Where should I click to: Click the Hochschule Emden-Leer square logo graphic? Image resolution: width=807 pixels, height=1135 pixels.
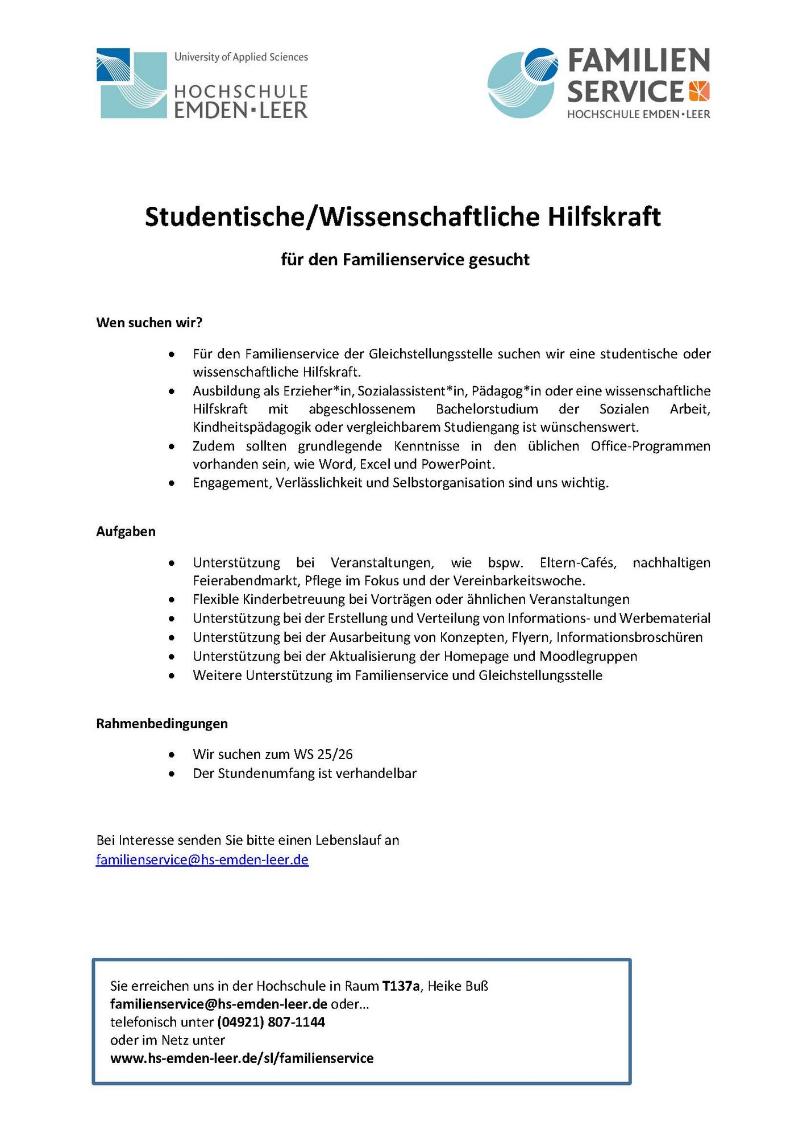coord(132,84)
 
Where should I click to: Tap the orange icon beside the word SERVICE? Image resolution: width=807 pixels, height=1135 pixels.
coord(699,91)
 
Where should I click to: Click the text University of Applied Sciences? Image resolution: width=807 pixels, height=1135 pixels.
coord(241,57)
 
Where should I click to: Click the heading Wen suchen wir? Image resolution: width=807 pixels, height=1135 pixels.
coord(149,323)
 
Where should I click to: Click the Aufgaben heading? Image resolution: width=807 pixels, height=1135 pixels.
coord(126,532)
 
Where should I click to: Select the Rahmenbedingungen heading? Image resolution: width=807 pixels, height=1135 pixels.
coord(161,724)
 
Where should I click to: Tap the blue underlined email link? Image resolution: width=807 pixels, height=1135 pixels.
coord(202,859)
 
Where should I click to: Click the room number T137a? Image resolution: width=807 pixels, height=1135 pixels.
coord(401,986)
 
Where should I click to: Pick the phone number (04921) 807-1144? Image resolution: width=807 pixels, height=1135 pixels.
coord(271,1022)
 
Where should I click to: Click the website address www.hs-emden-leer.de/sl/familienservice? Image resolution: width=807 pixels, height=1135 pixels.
coord(242,1058)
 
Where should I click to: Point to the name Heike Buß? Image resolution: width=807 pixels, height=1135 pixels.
coord(457,986)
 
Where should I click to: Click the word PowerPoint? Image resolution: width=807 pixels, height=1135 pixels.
coord(457,464)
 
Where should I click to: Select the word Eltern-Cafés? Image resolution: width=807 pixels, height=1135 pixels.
coord(577,563)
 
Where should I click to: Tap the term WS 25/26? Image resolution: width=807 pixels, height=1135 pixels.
coord(323,754)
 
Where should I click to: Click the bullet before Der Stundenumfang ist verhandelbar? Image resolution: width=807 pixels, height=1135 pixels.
coord(172,774)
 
